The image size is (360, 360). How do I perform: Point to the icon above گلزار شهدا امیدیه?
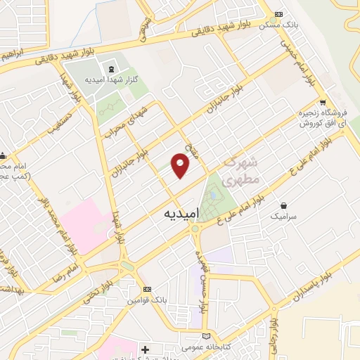click(110, 69)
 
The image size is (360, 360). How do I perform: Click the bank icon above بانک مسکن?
click(279, 14)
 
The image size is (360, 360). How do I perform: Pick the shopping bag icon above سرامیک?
click(283, 206)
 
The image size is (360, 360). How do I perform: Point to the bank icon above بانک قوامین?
click(146, 290)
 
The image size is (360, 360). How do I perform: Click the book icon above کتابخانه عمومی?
click(206, 335)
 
